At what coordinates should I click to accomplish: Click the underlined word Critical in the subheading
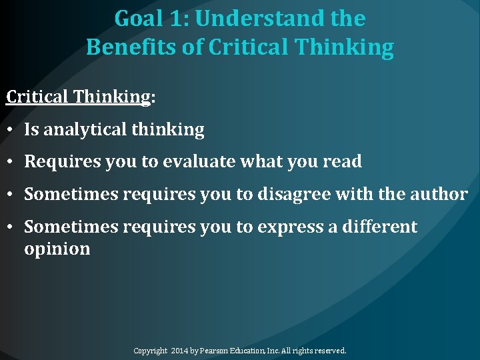coord(37,97)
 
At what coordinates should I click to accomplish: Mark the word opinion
coord(57,249)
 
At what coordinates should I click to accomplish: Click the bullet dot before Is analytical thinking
coord(11,130)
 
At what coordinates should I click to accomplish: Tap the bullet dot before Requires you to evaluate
coord(11,162)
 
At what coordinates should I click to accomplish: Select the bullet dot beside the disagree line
coord(11,195)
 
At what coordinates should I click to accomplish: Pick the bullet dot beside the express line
coord(11,227)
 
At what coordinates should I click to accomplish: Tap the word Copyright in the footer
coord(150,351)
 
